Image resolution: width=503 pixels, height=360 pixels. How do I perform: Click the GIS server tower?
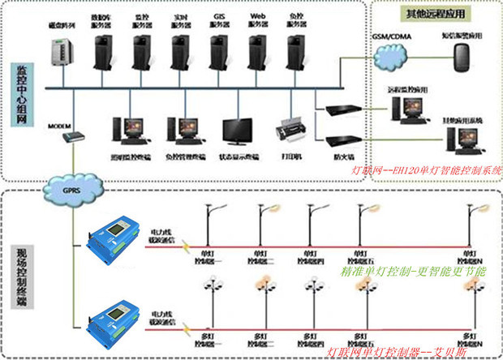(x=220, y=51)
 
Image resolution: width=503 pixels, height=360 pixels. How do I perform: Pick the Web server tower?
(x=258, y=51)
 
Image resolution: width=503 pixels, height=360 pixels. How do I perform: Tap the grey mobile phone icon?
(x=463, y=57)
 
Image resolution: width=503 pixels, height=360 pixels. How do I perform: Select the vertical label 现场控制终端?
(x=20, y=276)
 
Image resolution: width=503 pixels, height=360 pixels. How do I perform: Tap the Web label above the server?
(x=258, y=16)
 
